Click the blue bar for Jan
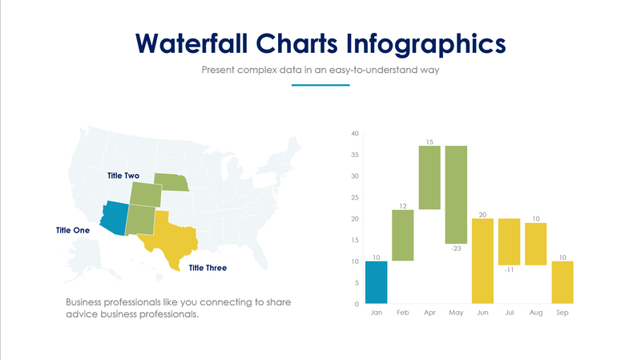pos(376,282)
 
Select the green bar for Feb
pos(402,235)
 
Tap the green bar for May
pos(456,195)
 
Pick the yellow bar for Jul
pos(509,241)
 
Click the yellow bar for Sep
pos(562,282)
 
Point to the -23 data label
pos(456,249)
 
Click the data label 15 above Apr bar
pos(429,142)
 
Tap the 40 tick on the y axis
pos(355,133)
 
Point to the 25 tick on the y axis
pos(355,197)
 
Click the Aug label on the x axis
pos(535,313)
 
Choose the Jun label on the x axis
pos(482,313)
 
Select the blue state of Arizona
pos(115,215)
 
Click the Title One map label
pos(74,230)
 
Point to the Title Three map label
pos(208,268)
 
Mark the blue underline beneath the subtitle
pos(320,85)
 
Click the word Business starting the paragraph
pos(87,302)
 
